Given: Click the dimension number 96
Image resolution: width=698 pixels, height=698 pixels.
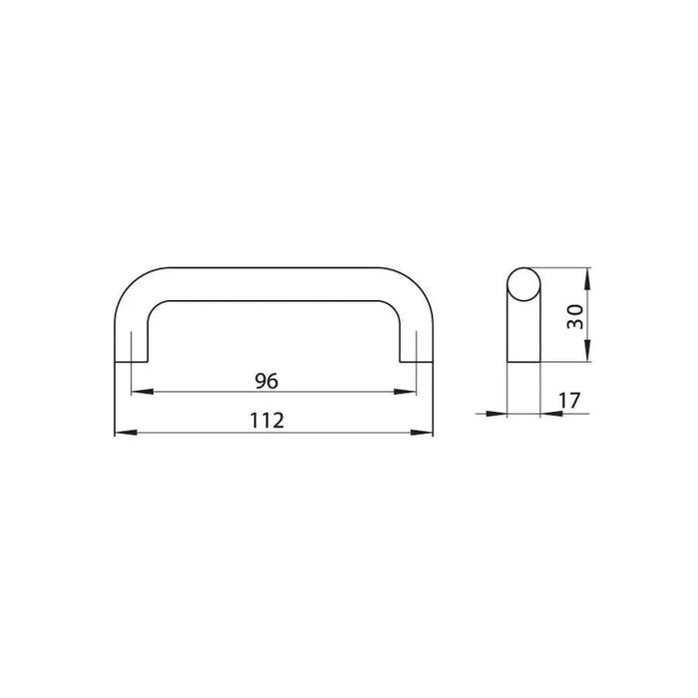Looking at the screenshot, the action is point(266,381).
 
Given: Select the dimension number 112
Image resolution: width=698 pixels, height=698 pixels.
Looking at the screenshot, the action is point(266,421).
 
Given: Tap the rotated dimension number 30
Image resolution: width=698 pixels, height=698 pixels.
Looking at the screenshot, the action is point(574,316).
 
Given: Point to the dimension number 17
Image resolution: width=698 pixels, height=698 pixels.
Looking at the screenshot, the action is point(569,400).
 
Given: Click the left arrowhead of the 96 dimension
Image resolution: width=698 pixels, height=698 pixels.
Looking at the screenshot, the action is point(143,392).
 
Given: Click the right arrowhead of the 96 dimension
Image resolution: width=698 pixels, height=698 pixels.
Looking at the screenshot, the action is point(405,392).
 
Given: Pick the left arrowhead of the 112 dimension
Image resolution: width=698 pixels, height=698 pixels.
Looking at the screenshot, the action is point(126,432).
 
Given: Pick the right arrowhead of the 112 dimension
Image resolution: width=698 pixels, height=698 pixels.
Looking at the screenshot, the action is point(422,432).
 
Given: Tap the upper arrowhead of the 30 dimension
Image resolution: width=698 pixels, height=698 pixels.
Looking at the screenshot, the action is point(587,278).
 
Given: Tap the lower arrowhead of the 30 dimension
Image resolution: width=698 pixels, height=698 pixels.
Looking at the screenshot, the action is point(587,350).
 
